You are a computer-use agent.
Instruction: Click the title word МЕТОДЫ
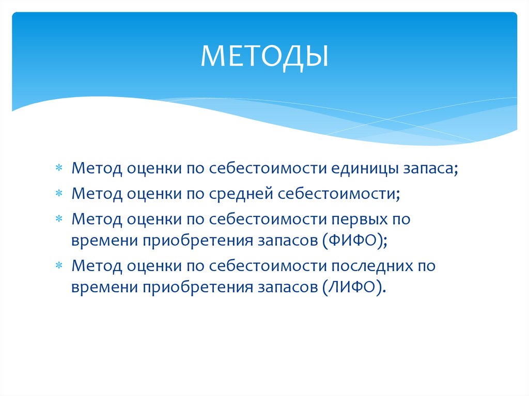(264, 56)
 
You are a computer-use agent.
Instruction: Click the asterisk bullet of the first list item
(59, 169)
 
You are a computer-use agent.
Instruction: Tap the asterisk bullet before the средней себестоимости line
(59, 194)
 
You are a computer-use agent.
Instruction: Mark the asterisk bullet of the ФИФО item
(59, 218)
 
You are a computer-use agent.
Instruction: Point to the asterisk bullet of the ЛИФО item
(59, 267)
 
